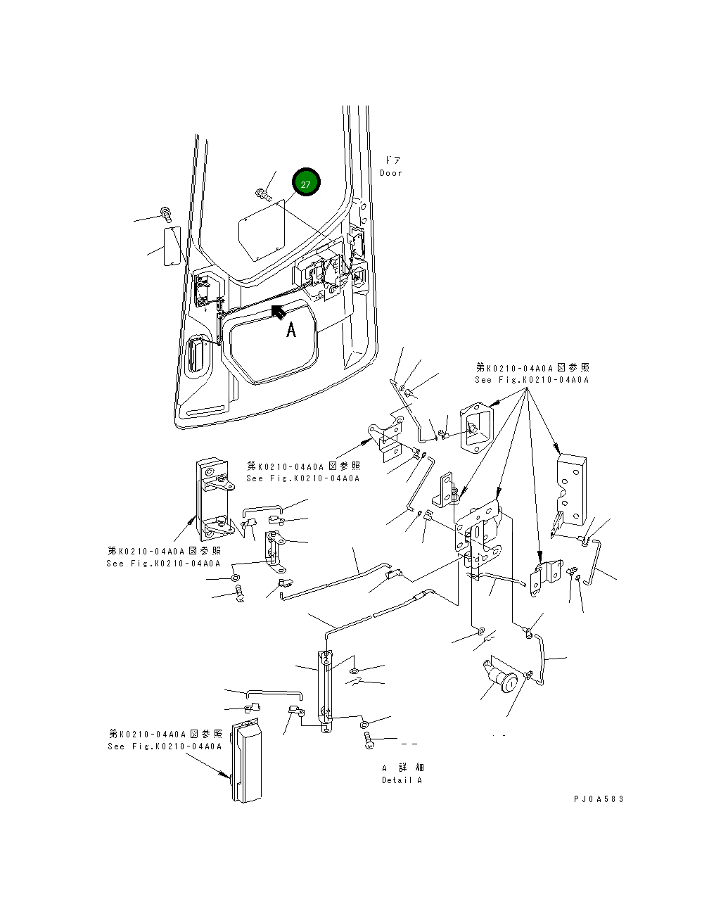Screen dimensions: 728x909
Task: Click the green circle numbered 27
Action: point(306,182)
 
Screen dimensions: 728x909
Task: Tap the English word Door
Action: point(390,173)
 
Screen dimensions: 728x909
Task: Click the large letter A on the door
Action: point(291,330)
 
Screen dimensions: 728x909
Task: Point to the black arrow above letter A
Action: point(279,312)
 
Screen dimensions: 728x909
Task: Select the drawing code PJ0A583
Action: point(599,799)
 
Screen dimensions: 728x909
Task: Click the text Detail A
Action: point(402,780)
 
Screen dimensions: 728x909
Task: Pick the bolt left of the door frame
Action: point(166,215)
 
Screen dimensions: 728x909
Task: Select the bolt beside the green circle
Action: point(264,195)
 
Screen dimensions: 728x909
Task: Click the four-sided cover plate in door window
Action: point(262,231)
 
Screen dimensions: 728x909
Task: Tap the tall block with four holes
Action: point(571,490)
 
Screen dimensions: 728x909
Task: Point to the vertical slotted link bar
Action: point(325,692)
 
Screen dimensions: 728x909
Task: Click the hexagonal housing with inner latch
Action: point(476,428)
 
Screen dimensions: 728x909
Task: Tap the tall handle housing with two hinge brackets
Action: point(214,500)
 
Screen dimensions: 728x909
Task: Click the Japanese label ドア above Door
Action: point(392,160)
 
